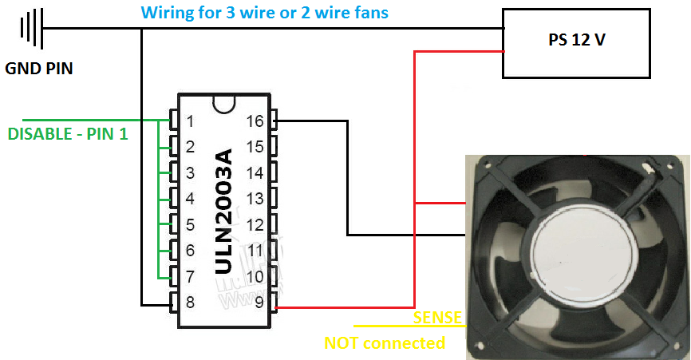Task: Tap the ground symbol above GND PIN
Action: pos(31,29)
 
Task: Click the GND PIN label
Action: pos(39,69)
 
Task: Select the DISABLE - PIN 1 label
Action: pos(68,134)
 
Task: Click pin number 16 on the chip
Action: pos(255,121)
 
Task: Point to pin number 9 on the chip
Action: pos(259,303)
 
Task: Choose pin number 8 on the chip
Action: pos(190,303)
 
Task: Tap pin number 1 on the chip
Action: pos(190,121)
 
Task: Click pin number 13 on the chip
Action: pos(255,199)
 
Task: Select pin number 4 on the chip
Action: pos(190,199)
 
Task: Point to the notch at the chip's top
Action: pos(224,103)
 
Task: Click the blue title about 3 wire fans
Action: pos(265,14)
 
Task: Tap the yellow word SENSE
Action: pos(437,318)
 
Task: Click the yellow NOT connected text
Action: pos(385,343)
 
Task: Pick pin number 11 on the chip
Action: pos(255,251)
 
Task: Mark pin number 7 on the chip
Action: pos(190,276)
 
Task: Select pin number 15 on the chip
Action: pos(255,147)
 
